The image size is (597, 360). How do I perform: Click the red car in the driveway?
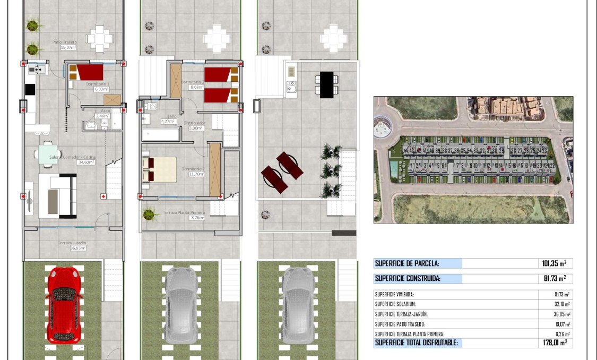coord(63,305)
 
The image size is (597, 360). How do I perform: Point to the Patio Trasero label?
coord(65,42)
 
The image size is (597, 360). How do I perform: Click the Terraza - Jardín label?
coord(72,243)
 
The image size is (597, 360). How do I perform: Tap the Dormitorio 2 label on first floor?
coord(192,169)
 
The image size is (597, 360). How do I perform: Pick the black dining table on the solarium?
coord(327,84)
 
